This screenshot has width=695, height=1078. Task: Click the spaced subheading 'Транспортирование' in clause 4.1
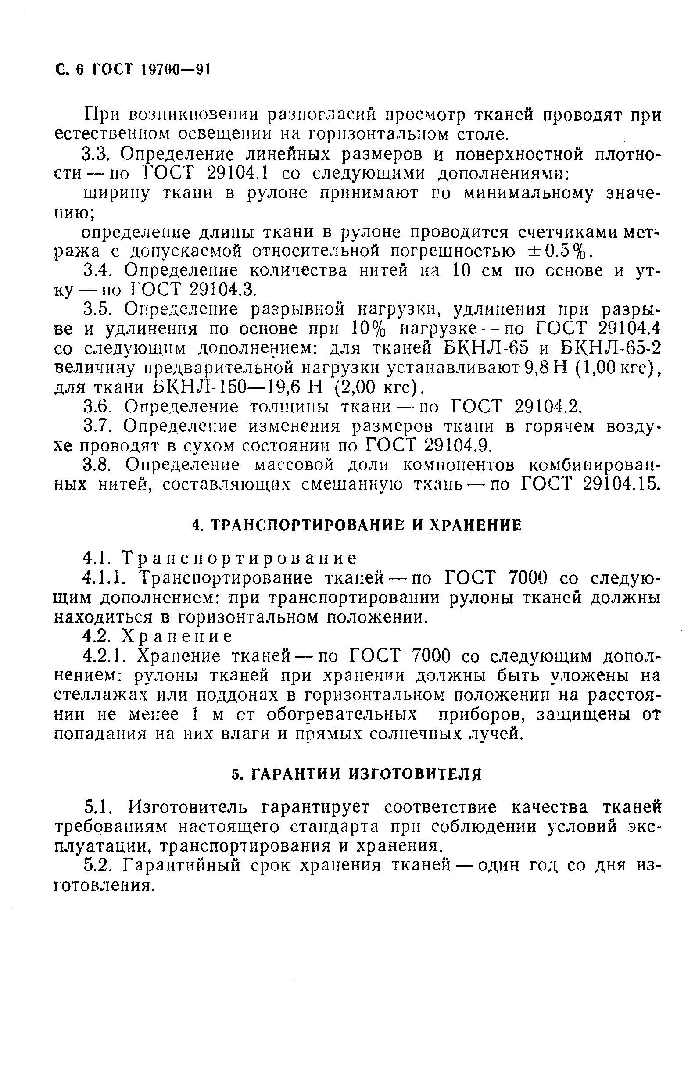240,559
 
